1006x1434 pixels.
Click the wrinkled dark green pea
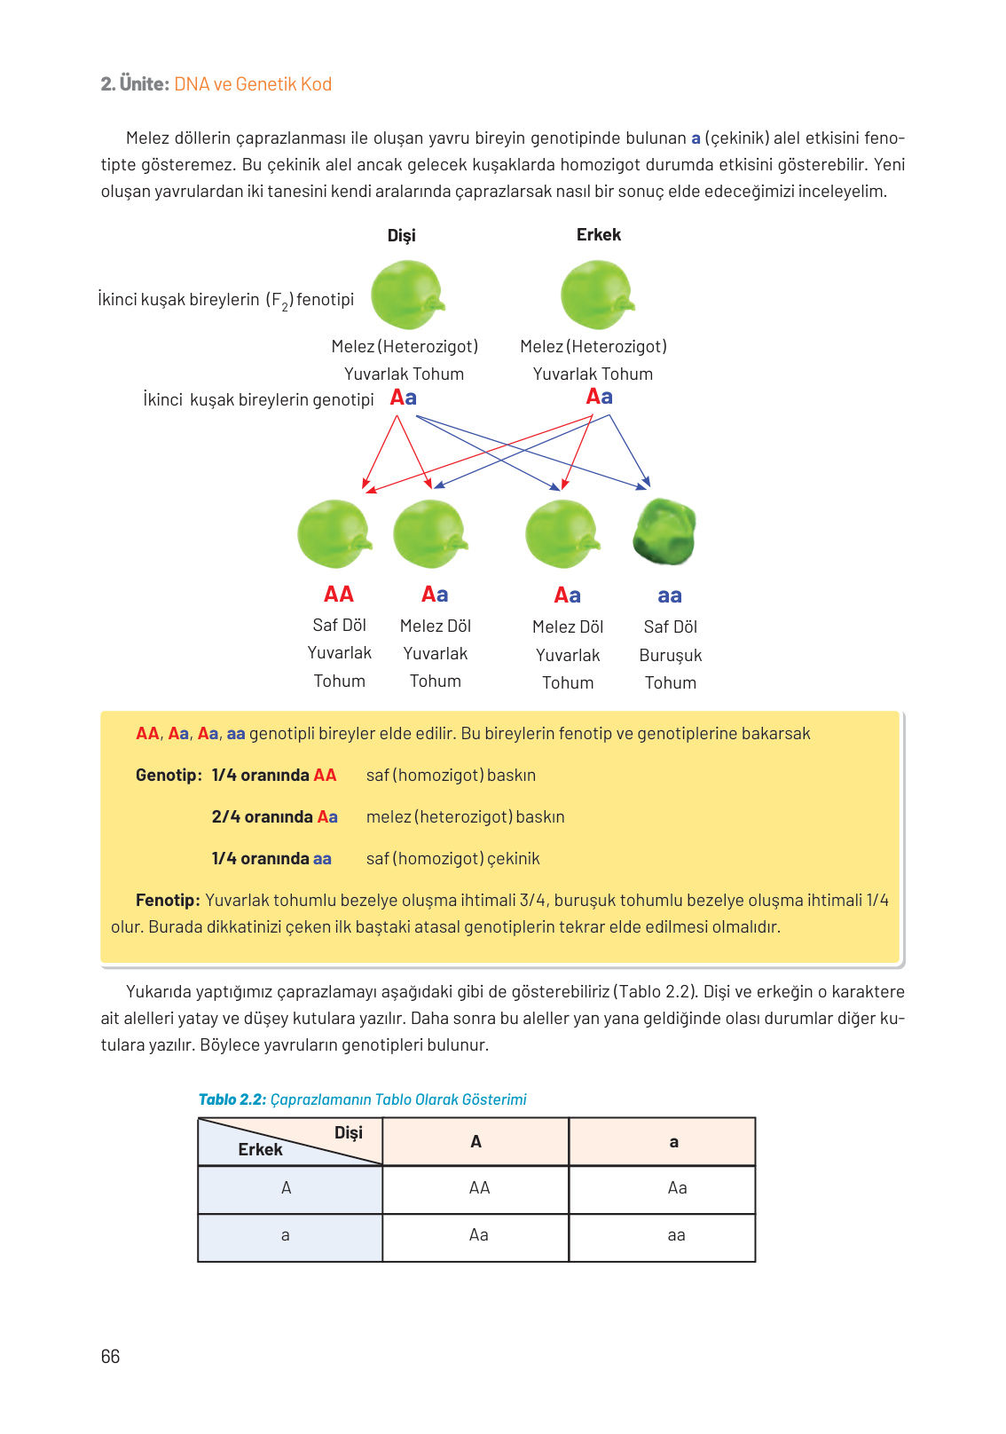(x=664, y=532)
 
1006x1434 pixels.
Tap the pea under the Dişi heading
(x=406, y=295)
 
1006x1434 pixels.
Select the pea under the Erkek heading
(x=597, y=295)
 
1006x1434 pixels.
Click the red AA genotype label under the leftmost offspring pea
(x=339, y=594)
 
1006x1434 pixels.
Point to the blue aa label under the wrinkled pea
(x=670, y=596)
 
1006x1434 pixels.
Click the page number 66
(x=110, y=1356)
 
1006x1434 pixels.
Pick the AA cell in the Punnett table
(x=479, y=1187)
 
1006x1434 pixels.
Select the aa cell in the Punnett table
(x=676, y=1235)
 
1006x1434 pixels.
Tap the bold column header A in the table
(x=475, y=1141)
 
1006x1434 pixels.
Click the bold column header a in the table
(x=673, y=1142)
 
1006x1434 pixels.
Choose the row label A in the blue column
(x=286, y=1187)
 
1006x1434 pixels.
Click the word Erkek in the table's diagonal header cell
(x=260, y=1149)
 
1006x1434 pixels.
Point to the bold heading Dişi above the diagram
(x=401, y=235)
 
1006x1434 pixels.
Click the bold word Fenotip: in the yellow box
(x=168, y=900)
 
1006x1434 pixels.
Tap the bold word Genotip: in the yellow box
(x=169, y=775)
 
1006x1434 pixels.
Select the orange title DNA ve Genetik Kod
(x=253, y=84)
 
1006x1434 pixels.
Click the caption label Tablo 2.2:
(x=232, y=1099)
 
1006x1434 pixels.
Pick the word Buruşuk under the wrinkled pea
(x=671, y=655)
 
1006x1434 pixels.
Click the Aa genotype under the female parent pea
(x=404, y=398)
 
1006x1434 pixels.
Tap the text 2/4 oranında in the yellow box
(x=262, y=816)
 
